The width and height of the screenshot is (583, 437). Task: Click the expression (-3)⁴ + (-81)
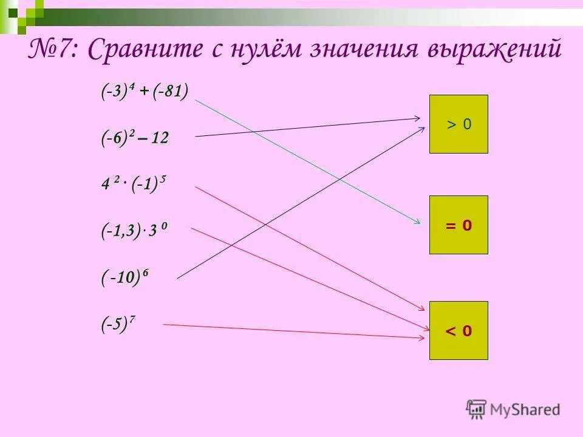[x=145, y=92]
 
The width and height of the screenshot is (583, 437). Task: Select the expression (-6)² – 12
[x=134, y=139]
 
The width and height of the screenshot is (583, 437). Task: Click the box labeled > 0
[x=459, y=124]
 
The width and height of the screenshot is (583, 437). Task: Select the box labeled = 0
[x=459, y=225]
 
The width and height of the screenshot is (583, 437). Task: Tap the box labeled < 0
[x=459, y=330]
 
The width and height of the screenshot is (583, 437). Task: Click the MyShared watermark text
[x=525, y=410]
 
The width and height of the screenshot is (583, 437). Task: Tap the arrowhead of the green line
[x=417, y=223]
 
